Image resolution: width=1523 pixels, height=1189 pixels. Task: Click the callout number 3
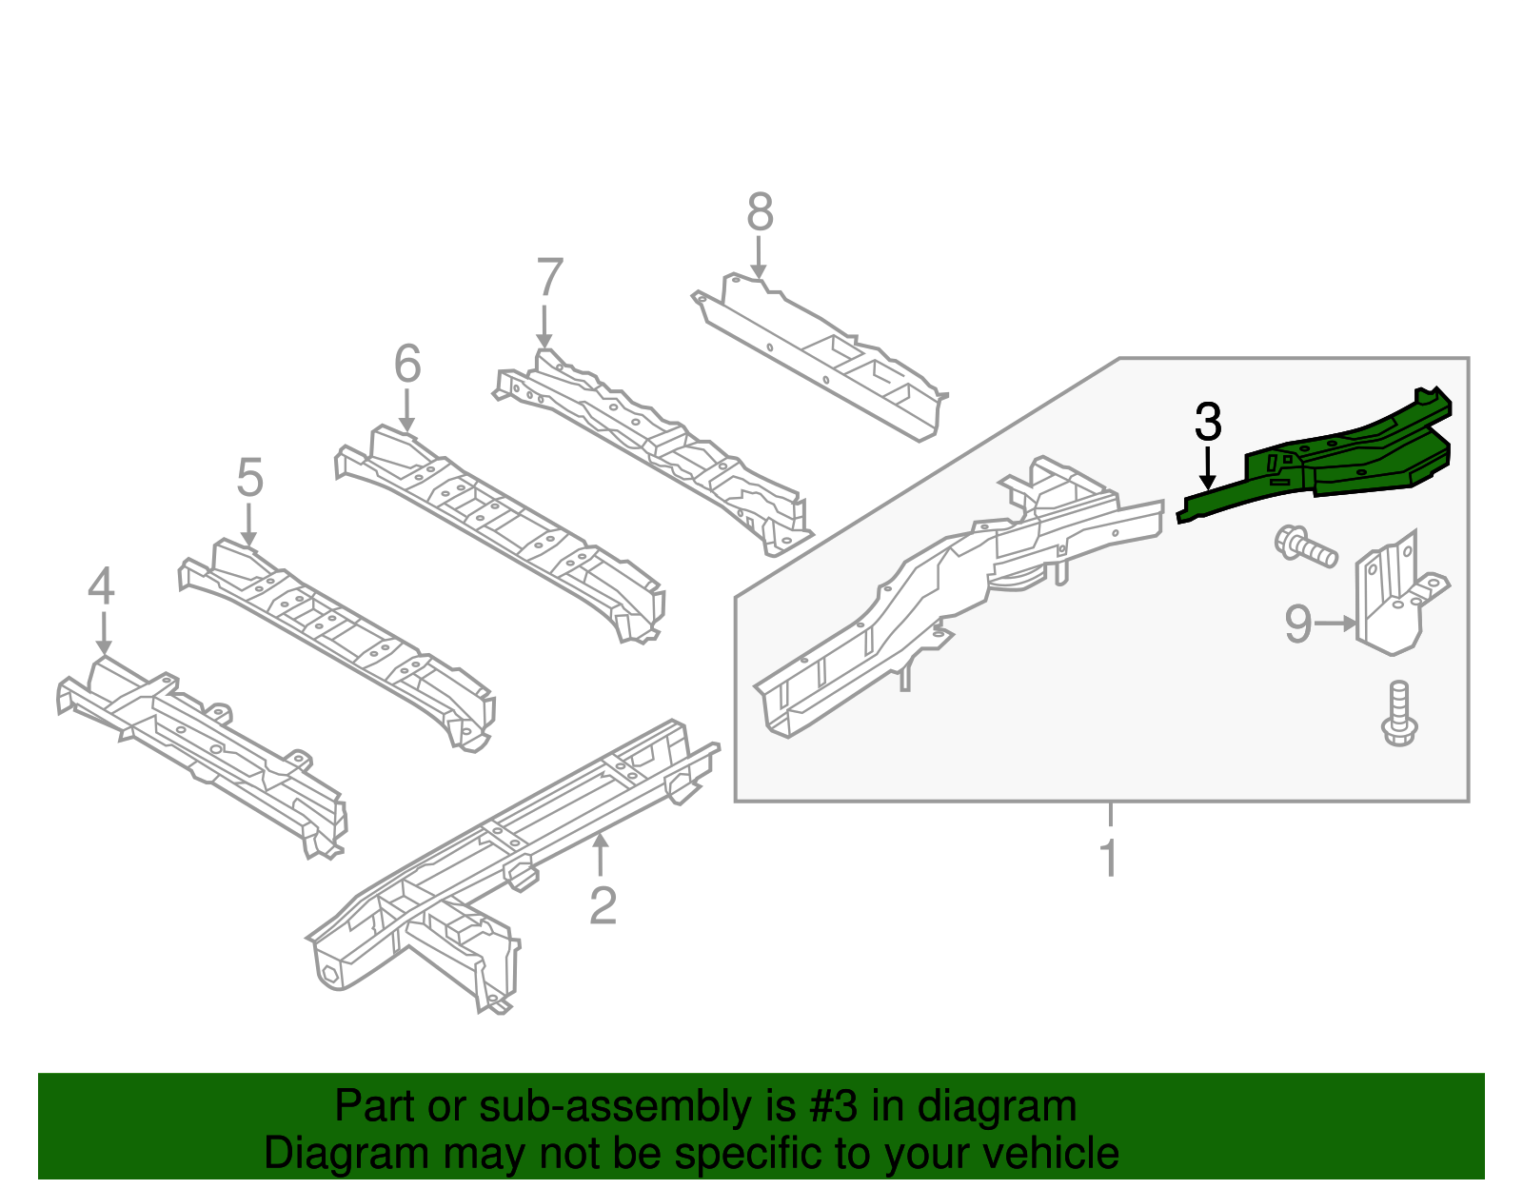click(1208, 422)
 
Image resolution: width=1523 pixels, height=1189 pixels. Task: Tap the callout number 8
click(760, 212)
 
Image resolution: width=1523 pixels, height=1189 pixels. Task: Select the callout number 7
click(549, 279)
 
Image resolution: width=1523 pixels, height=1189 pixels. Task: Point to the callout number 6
click(407, 365)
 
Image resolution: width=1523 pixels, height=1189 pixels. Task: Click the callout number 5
click(249, 478)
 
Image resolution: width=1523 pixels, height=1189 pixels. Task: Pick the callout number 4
click(101, 586)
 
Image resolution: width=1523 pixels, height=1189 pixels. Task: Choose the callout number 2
click(603, 906)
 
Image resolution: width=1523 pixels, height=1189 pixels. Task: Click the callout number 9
click(1298, 624)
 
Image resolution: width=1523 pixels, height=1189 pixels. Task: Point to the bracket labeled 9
click(1394, 600)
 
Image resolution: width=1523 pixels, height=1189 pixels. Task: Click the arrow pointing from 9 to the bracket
click(1336, 624)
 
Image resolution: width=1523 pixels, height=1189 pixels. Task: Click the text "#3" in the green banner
click(833, 1107)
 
